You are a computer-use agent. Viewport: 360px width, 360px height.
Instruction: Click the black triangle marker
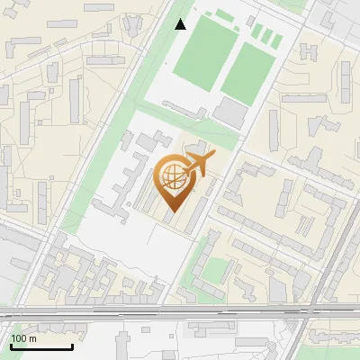click(181, 24)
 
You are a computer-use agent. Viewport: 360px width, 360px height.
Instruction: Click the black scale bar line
click(40, 347)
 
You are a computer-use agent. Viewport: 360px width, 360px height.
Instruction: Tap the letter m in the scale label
click(32, 339)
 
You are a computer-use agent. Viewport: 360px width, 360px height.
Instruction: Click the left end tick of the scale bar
click(10, 346)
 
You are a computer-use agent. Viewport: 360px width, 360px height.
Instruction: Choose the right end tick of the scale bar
click(72, 346)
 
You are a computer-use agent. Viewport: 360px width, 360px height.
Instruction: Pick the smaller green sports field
click(247, 72)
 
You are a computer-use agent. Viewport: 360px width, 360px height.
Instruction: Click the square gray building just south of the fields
click(231, 112)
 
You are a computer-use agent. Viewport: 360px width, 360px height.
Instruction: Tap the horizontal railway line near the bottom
click(180, 312)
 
